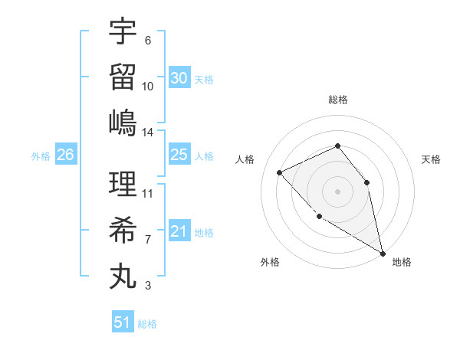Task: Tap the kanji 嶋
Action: (x=123, y=123)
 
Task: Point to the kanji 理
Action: (x=123, y=184)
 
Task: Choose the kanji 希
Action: (x=123, y=230)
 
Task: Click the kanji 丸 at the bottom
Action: (x=123, y=276)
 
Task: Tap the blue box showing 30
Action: (x=179, y=77)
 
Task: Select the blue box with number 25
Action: (x=179, y=155)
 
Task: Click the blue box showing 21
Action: (x=179, y=231)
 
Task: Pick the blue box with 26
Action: (x=65, y=155)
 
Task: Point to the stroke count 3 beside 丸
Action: (x=148, y=286)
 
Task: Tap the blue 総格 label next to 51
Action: (x=147, y=323)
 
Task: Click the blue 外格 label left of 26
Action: (x=41, y=155)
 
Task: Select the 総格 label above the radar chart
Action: (x=337, y=100)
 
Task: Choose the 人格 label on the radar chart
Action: (x=245, y=159)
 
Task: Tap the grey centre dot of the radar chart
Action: (x=337, y=191)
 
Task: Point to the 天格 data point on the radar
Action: (x=366, y=182)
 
